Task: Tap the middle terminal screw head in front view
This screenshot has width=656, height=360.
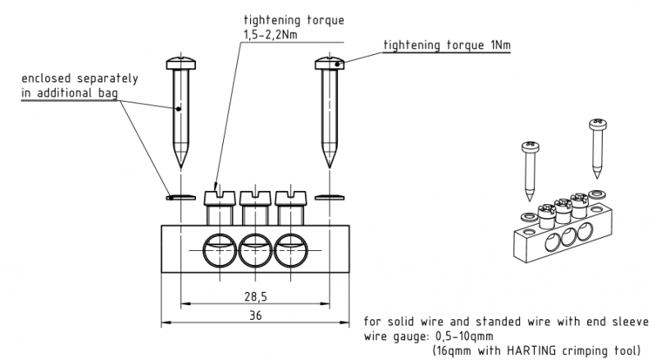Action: click(255, 197)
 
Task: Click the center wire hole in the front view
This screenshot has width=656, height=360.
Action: click(255, 248)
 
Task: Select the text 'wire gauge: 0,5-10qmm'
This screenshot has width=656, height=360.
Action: click(429, 335)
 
